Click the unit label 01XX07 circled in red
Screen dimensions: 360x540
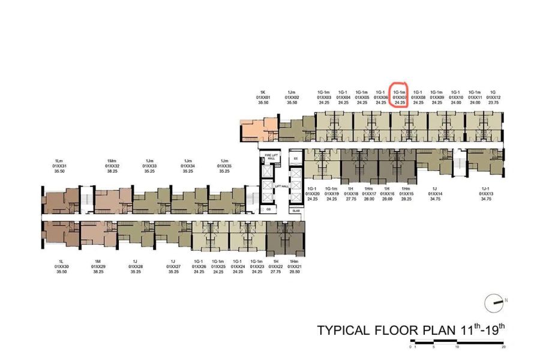400,97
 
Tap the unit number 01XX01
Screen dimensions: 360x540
263,97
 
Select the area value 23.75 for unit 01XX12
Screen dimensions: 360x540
493,103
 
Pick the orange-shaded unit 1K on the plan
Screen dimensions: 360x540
258,129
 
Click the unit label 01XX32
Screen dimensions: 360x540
112,166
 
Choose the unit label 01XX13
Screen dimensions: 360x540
486,194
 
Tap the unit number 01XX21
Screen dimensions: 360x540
294,266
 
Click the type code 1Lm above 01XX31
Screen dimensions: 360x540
59,161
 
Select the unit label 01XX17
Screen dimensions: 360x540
369,194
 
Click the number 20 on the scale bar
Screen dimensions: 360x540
503,347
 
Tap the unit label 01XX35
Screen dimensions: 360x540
224,166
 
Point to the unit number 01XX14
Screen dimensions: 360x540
436,194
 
